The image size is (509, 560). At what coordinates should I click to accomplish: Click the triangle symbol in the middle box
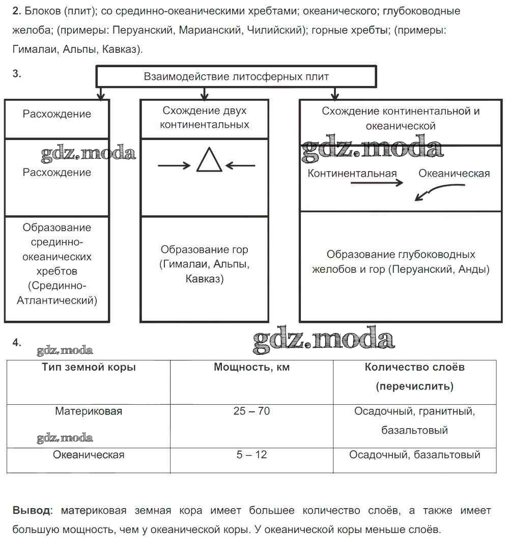209,160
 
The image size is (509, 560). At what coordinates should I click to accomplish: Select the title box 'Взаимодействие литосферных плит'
236,77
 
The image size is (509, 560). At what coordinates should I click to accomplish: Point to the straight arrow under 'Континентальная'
376,184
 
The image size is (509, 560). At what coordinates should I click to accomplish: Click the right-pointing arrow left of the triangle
174,165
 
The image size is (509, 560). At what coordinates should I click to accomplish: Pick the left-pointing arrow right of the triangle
240,165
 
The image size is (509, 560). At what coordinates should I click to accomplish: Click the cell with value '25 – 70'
251,411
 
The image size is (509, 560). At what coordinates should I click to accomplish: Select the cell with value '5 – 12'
251,455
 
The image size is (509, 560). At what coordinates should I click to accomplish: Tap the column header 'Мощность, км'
251,367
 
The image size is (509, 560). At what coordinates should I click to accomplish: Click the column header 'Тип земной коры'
89,367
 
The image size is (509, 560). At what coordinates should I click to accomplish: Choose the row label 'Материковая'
89,411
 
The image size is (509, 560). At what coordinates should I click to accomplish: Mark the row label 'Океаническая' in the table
89,455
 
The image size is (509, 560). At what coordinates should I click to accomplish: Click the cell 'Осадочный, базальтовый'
414,455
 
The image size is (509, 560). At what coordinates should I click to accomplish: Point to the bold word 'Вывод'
32,511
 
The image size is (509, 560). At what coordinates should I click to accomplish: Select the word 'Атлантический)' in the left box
57,300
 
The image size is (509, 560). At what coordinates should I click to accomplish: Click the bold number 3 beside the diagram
17,74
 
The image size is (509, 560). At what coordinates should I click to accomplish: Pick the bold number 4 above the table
17,343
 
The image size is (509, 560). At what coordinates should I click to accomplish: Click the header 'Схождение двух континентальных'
204,118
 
